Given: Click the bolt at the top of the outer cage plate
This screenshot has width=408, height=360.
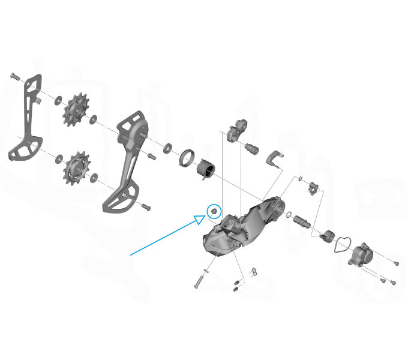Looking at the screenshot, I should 14,77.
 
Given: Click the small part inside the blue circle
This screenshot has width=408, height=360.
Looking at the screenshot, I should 214,211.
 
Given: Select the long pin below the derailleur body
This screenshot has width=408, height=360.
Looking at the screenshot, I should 200,278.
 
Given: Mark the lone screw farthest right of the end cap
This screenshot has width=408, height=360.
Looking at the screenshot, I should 396,263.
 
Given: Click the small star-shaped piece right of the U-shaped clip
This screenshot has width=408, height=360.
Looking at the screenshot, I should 312,190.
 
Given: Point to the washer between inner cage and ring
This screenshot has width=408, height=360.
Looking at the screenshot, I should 167,148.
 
